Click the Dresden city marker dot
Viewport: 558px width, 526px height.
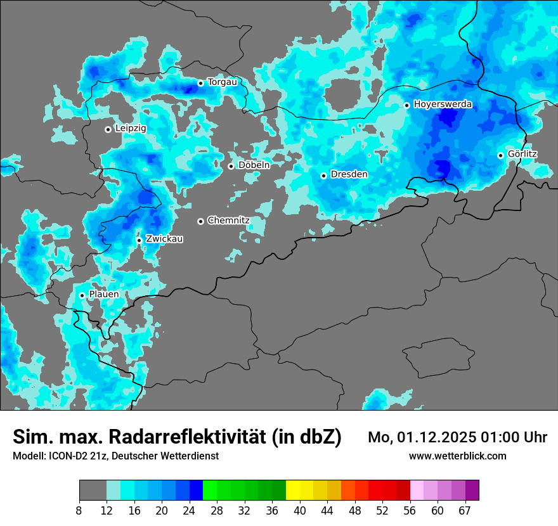tap(323, 176)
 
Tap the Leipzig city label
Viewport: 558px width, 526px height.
tap(131, 128)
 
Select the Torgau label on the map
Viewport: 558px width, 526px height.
tap(222, 82)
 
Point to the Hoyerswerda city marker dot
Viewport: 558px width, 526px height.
tap(407, 105)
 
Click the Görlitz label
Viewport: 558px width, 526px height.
tap(522, 154)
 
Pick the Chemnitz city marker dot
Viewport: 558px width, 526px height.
tap(200, 221)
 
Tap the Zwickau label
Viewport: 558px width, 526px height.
tap(164, 239)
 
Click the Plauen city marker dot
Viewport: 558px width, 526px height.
tap(82, 295)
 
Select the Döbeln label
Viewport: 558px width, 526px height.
tap(254, 165)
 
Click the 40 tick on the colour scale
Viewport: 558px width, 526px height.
tap(300, 510)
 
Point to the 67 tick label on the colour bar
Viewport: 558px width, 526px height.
tap(465, 510)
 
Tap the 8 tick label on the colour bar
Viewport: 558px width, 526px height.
tap(79, 510)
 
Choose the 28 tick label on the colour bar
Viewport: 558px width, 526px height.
tap(217, 510)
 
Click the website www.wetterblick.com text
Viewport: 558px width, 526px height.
tap(457, 456)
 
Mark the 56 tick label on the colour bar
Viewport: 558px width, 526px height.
tap(410, 510)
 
